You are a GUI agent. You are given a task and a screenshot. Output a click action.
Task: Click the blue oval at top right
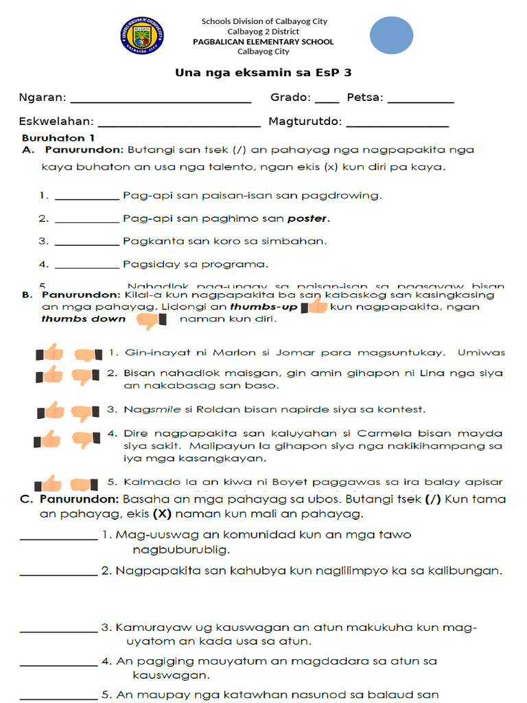tap(392, 35)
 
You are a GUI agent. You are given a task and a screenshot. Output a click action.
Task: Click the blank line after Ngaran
tap(161, 100)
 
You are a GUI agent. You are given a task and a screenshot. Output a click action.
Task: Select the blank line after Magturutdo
tap(397, 124)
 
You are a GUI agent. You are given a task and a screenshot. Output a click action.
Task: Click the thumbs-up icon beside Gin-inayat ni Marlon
tap(49, 353)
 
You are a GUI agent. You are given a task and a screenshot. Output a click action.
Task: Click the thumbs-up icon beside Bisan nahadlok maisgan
tap(49, 375)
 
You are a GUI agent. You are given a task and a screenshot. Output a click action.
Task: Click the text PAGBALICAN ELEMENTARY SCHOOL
tap(263, 42)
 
